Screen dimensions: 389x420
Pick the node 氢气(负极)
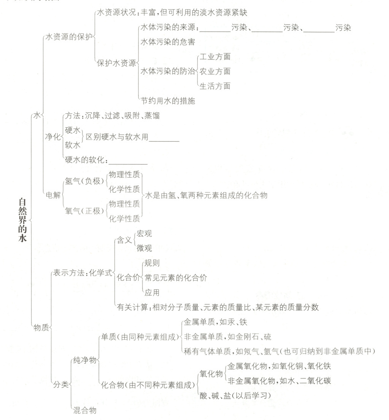pos(84,181)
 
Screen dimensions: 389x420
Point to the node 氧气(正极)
pos(84,210)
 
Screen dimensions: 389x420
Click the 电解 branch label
pos(53,195)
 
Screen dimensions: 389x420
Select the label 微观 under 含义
pos(144,248)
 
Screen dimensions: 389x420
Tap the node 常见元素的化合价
pos(176,278)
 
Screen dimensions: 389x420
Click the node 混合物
pos(84,410)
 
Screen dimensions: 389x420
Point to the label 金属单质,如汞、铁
pos(215,323)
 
